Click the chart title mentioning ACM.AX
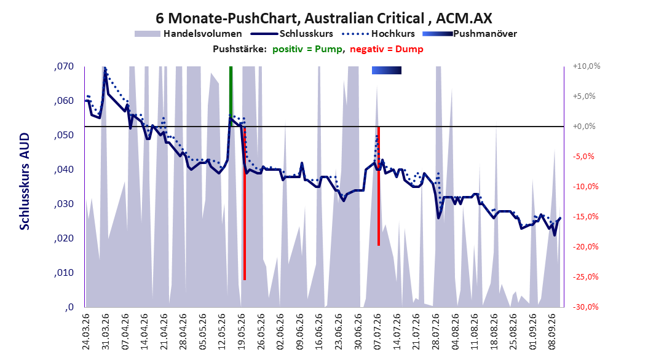point(323,18)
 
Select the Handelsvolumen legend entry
point(188,34)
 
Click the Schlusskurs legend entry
point(292,34)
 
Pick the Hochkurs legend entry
point(378,34)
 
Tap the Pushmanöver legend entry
point(470,34)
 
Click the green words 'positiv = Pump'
point(307,49)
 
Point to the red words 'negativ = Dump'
point(387,49)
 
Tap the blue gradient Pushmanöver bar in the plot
point(387,71)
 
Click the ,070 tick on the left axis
point(64,66)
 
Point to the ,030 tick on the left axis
point(64,204)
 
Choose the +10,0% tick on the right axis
point(587,66)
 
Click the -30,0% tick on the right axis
point(585,307)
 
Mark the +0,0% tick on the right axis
point(584,127)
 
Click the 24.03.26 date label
point(86,332)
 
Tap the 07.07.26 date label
point(377,332)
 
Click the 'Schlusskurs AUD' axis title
point(25,181)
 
